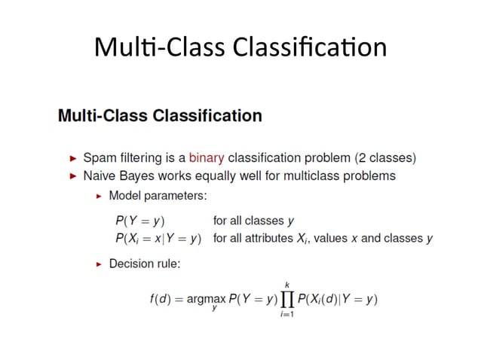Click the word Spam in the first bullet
point(98,158)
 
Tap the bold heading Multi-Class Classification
point(160,116)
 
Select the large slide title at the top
point(240,47)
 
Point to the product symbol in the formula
point(286,300)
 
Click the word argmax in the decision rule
point(205,300)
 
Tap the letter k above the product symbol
point(286,283)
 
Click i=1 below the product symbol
point(286,315)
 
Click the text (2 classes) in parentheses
point(384,158)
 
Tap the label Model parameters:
point(158,196)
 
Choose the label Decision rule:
point(145,264)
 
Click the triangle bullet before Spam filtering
point(73,159)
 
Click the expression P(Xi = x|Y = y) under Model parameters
point(158,239)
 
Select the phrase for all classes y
point(253,221)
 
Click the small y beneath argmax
point(214,309)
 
